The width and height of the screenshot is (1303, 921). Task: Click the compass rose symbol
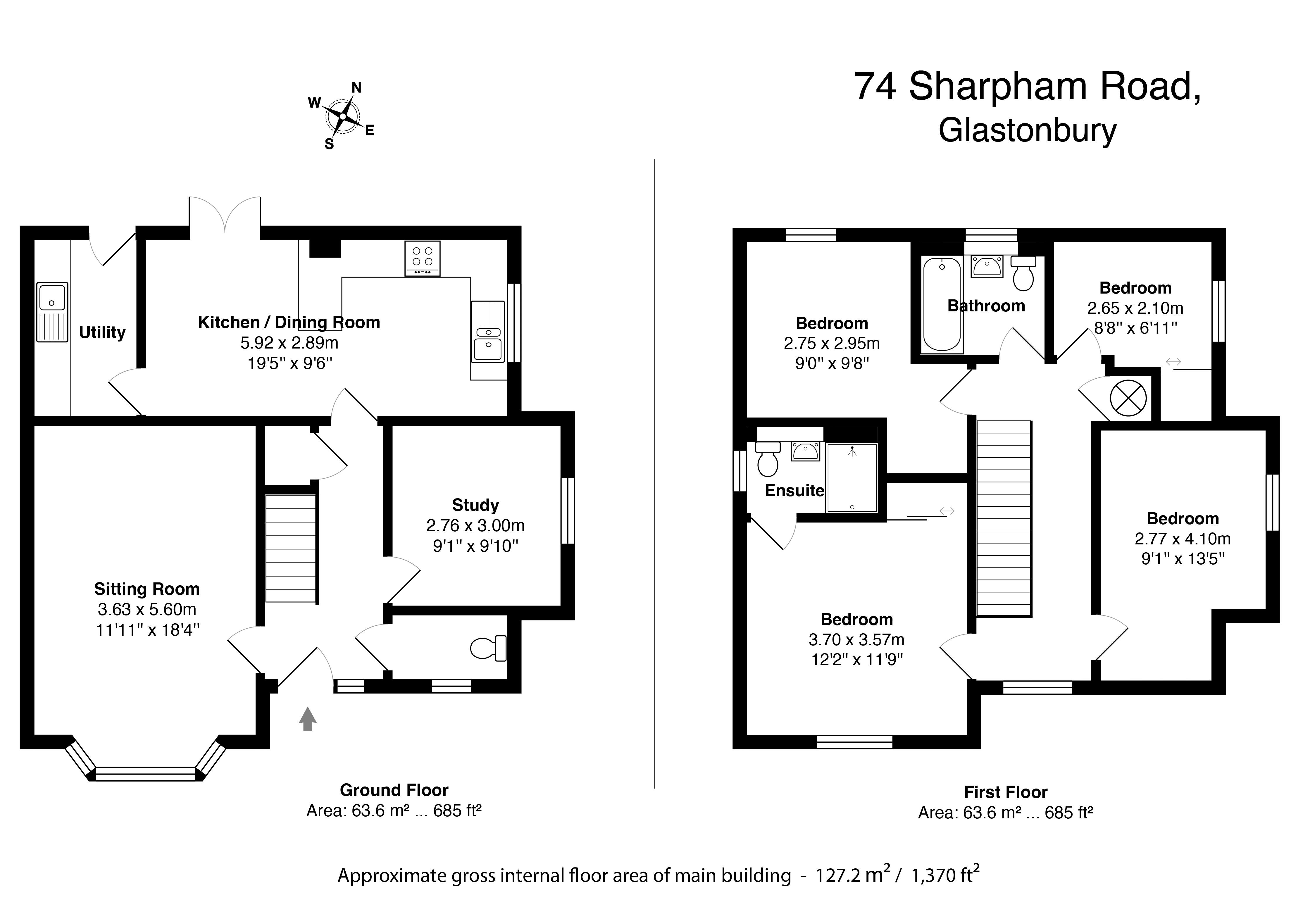click(x=343, y=116)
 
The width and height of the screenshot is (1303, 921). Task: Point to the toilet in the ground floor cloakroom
click(x=488, y=648)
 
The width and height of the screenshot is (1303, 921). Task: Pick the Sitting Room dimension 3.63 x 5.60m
click(x=147, y=609)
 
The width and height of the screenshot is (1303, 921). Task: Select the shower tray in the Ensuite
click(x=852, y=478)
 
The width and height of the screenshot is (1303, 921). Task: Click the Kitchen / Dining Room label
click(x=289, y=322)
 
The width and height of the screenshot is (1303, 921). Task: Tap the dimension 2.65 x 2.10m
click(x=1135, y=308)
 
